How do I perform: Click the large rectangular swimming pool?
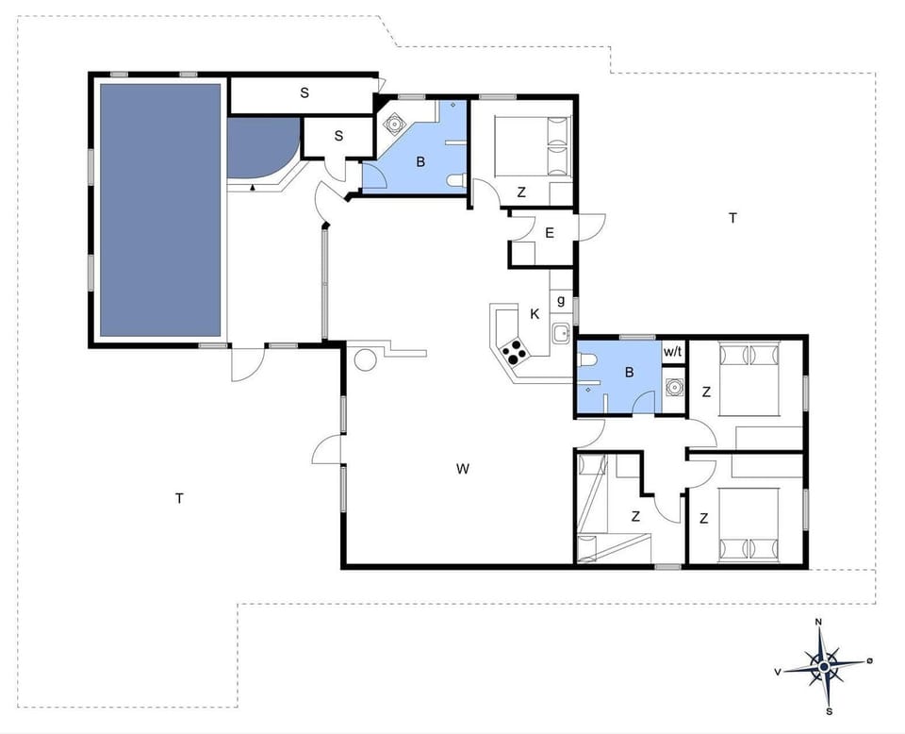tap(160, 209)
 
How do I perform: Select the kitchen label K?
tap(535, 314)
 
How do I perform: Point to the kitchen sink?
tap(561, 331)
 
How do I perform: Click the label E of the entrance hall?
tap(549, 232)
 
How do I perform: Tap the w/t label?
tap(672, 352)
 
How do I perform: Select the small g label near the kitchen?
tap(561, 301)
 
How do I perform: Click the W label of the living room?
tap(462, 468)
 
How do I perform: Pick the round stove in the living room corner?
tap(364, 359)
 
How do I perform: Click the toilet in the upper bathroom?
tap(456, 181)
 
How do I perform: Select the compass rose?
tap(823, 666)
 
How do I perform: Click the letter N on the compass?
tap(819, 623)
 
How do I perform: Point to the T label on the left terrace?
tap(178, 497)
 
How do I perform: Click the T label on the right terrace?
tap(732, 218)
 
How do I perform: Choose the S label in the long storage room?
tap(304, 92)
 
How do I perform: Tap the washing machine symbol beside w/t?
tap(673, 386)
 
